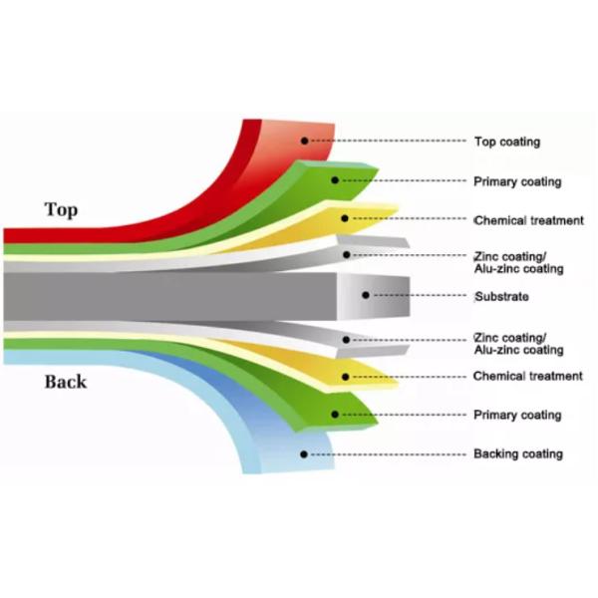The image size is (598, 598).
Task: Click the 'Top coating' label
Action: (506, 142)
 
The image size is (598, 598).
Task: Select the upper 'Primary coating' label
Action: (517, 181)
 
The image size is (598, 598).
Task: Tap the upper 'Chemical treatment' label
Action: (528, 220)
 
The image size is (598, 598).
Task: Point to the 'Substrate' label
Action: (501, 297)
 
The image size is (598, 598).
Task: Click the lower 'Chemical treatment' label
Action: (527, 376)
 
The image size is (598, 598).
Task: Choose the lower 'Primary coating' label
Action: (517, 415)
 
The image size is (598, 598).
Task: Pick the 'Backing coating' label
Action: (517, 453)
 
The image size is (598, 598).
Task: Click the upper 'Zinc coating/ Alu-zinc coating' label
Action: (518, 262)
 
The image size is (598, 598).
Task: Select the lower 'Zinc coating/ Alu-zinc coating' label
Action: (518, 344)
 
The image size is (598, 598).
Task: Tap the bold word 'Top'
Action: (61, 209)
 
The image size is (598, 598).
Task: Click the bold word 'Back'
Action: (65, 382)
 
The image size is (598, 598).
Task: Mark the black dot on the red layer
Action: (306, 142)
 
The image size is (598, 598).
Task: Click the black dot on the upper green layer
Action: (336, 180)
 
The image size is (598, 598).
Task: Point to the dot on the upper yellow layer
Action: (345, 218)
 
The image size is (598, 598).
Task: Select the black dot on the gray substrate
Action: (367, 296)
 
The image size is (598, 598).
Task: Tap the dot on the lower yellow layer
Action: (345, 377)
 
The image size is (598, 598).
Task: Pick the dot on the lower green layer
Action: (336, 414)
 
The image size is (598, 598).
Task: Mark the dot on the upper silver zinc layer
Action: (346, 255)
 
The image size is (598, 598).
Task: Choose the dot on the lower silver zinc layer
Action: (346, 340)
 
